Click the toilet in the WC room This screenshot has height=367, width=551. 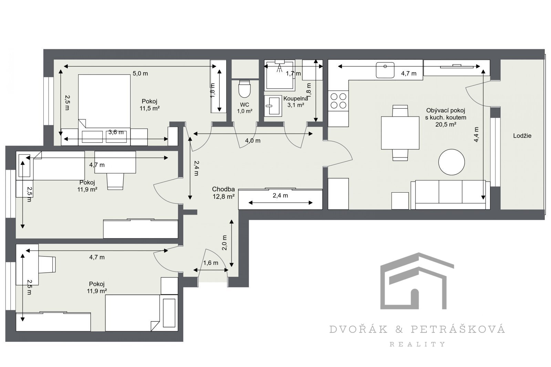click(245, 89)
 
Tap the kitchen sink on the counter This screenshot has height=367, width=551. click(385, 70)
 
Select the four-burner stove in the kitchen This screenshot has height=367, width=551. click(338, 101)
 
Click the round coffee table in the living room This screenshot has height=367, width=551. click(451, 162)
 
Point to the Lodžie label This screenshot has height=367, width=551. click(522, 136)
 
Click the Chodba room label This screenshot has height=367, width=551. click(223, 189)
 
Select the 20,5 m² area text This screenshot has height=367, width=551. click(446, 125)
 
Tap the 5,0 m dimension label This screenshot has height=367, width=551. click(140, 74)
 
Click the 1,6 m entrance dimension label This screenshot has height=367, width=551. click(210, 263)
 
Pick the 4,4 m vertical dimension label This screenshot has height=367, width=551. click(476, 134)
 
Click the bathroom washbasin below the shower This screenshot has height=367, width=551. click(273, 106)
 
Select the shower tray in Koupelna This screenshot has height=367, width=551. click(280, 75)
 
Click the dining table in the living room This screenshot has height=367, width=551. click(400, 133)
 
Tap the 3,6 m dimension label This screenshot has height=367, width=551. click(116, 132)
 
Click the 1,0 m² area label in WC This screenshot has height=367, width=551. click(245, 111)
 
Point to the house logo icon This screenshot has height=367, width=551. click(417, 281)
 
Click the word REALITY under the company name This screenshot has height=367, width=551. click(417, 344)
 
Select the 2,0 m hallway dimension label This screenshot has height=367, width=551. click(224, 243)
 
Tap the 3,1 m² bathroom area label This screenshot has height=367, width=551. click(296, 105)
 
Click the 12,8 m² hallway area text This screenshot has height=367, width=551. click(223, 196)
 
